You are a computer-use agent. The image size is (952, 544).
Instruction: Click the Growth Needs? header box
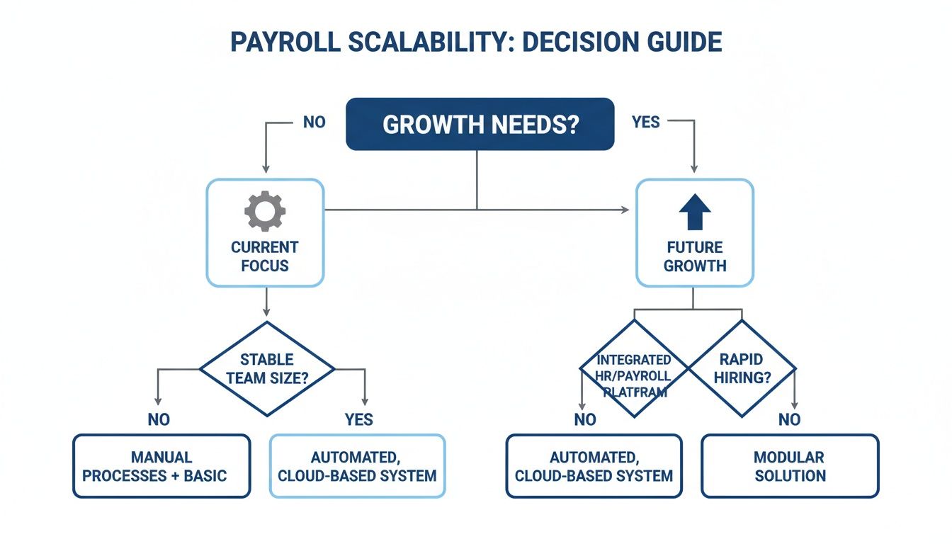[x=480, y=124]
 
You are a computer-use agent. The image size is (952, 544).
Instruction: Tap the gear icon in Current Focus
[x=265, y=211]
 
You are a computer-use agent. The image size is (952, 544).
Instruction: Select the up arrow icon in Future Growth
[x=694, y=212]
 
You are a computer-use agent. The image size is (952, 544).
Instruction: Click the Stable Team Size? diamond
[x=266, y=368]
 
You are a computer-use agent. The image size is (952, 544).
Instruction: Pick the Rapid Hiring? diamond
[x=742, y=368]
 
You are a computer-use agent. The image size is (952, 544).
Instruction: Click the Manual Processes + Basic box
[x=161, y=466]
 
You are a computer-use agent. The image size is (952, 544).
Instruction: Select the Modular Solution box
[x=789, y=466]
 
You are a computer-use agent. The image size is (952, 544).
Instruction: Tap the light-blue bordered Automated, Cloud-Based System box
[x=357, y=466]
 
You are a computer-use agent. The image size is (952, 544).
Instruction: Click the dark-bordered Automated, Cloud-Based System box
[x=594, y=466]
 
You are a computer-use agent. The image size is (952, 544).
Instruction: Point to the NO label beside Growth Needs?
[x=314, y=122]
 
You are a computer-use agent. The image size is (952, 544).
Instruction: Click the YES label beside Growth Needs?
[x=645, y=122]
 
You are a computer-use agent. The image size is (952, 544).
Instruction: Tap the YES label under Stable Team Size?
[x=358, y=419]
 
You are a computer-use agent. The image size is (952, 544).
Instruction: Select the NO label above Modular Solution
[x=789, y=419]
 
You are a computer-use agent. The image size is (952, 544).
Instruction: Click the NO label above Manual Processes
[x=159, y=419]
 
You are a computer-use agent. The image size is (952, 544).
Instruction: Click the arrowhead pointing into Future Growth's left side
[x=625, y=210]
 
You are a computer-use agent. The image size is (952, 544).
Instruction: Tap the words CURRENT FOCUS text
[x=265, y=257]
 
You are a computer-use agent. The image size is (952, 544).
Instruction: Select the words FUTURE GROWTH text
[x=695, y=257]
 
